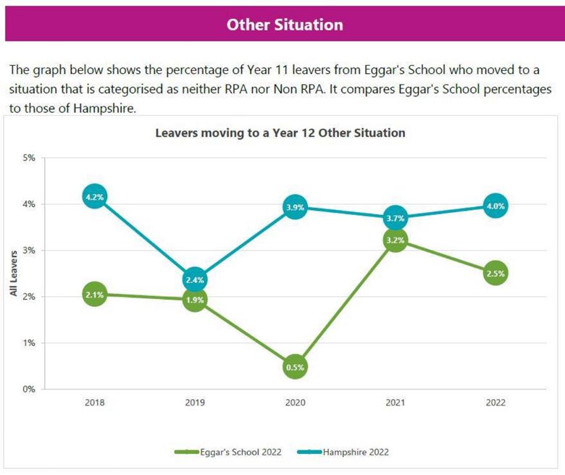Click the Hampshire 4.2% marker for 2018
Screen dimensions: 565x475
tap(95, 196)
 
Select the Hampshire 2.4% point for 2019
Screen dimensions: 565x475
tap(195, 279)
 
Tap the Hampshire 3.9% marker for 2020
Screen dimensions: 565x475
tap(295, 207)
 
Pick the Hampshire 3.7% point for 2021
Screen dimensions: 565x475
tap(395, 217)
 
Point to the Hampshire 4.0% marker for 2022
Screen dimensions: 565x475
tap(495, 206)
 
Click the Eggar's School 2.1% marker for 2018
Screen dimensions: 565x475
tap(95, 295)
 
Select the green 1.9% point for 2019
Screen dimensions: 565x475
tap(195, 300)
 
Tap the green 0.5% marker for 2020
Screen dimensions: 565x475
tap(295, 366)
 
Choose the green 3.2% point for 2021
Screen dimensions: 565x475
tap(395, 240)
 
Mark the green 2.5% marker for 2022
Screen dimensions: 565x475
tap(495, 273)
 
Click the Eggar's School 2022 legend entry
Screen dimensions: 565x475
tap(227, 452)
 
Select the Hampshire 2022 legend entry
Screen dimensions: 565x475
tap(343, 452)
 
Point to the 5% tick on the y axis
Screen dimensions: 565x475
tap(29, 158)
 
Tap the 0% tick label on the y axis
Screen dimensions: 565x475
tap(29, 389)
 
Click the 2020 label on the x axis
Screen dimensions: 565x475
tap(295, 403)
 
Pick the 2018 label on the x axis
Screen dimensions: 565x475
tap(95, 403)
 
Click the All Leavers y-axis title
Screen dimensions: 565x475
tap(13, 273)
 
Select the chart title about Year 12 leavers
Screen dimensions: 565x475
tap(280, 133)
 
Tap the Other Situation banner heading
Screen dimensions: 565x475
tap(285, 25)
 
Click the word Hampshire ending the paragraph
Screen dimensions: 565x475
tap(104, 108)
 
